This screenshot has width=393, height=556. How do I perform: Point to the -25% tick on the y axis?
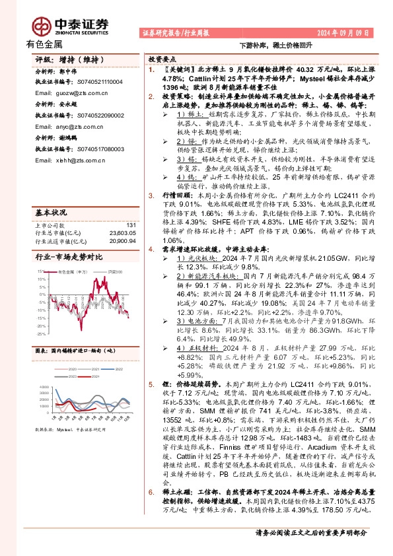coord(41,334)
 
